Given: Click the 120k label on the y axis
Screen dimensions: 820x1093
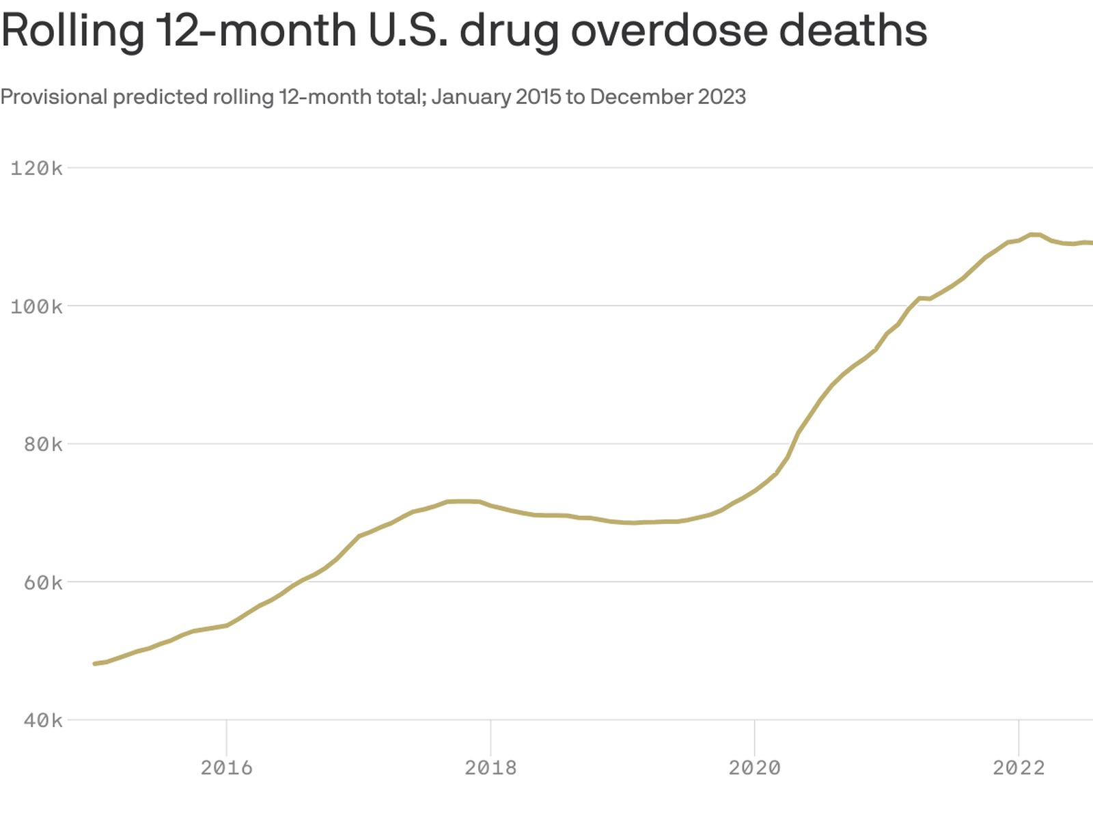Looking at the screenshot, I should coord(36,168).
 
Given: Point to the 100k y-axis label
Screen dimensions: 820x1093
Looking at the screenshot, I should coord(36,306).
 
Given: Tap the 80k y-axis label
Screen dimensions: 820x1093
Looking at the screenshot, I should coord(42,444).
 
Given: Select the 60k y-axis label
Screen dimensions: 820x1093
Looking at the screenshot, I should coord(42,582).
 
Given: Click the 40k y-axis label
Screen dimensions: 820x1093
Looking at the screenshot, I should coord(42,720).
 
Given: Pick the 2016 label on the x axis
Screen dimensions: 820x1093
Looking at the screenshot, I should coord(226,768).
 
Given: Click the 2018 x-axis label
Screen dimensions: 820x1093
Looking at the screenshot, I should coord(490,768).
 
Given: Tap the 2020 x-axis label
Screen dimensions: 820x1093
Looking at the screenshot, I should coord(754,768).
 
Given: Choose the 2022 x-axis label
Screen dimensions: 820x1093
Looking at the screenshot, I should coord(1019,768).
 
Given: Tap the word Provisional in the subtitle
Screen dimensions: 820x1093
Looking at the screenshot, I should coord(54,97).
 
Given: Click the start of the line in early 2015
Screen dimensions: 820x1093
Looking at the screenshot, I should coord(95,664).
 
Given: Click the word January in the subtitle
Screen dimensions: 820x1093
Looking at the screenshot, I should coord(471,97).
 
